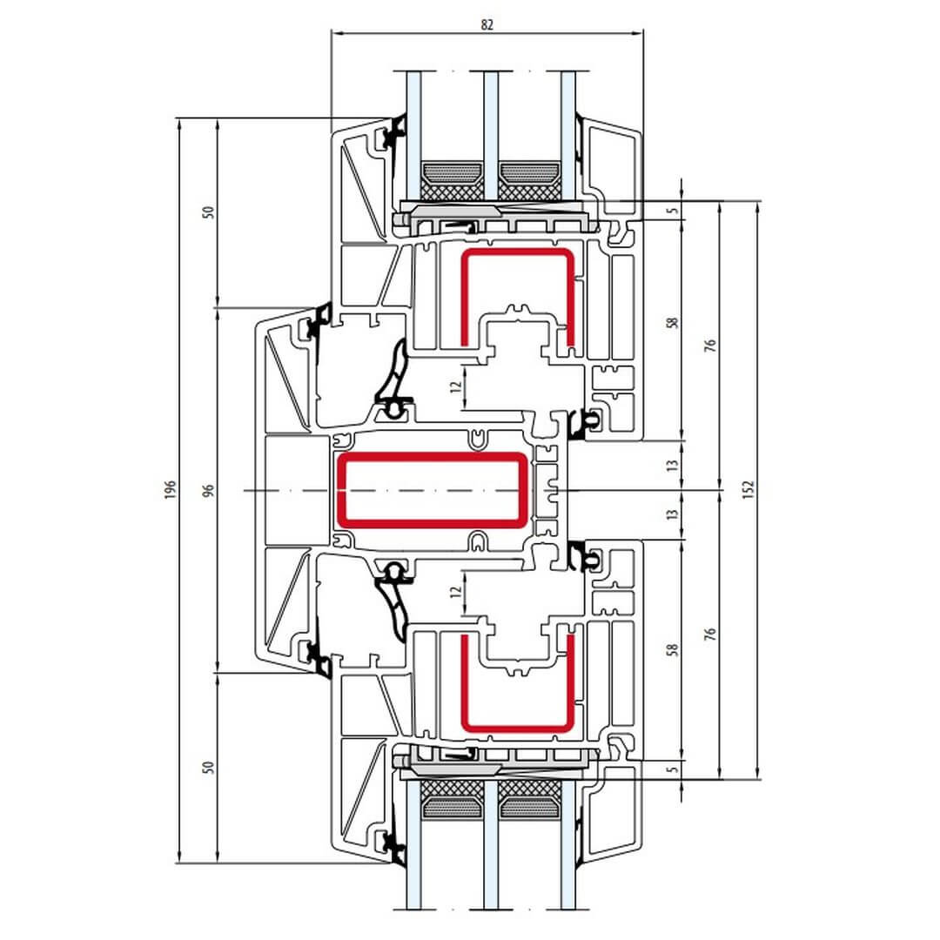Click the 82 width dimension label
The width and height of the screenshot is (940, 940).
point(487,24)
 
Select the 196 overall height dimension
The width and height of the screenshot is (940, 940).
point(171,490)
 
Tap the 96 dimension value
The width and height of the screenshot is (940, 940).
point(208,490)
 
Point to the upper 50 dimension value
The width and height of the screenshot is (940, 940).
point(208,212)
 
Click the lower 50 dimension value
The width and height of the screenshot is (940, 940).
point(208,768)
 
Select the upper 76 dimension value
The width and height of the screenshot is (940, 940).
point(710,346)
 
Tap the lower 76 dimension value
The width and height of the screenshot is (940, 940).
point(710,634)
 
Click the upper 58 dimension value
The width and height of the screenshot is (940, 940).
point(673,323)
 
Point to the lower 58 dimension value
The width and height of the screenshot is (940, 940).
point(673,649)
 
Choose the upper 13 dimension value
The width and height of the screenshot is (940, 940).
point(673,465)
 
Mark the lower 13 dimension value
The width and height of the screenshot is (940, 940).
point(673,514)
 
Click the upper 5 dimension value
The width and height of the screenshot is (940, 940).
point(673,211)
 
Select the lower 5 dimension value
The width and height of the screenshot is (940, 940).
point(673,768)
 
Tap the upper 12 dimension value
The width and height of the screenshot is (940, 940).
point(457,386)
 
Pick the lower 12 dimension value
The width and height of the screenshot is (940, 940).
point(457,592)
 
